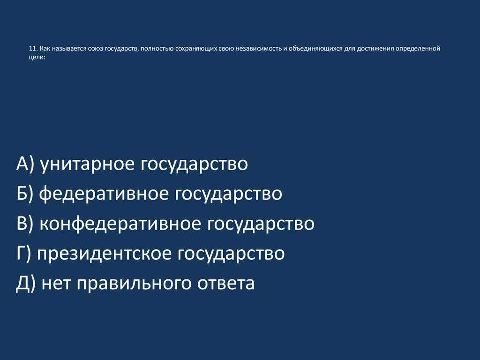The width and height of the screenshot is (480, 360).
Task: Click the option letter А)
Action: (25, 165)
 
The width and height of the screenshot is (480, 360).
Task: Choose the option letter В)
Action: (25, 224)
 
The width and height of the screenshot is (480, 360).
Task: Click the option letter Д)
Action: (26, 284)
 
